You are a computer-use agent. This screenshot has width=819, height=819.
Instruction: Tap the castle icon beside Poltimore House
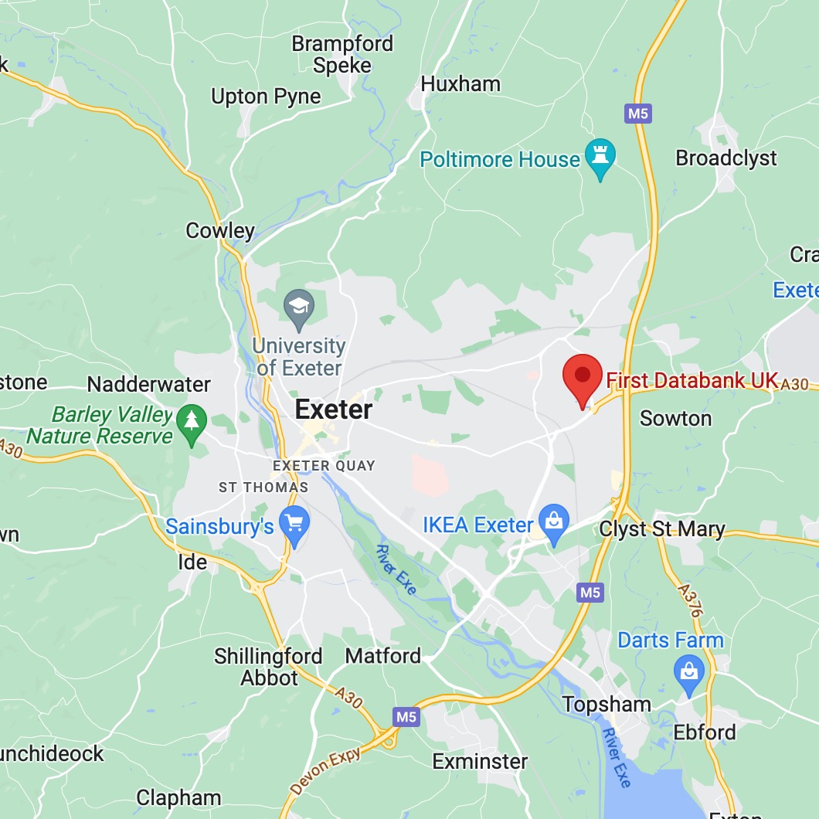coord(600,157)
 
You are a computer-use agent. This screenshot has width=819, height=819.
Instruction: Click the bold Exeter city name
coord(334,409)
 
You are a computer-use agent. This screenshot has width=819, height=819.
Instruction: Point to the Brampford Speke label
coord(342,54)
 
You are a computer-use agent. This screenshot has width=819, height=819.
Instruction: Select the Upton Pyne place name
coord(266,97)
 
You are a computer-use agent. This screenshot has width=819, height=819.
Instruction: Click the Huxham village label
coord(460,83)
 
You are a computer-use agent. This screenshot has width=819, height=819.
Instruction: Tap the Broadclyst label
coord(726,158)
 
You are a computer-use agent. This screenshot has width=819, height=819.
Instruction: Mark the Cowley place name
coord(220,230)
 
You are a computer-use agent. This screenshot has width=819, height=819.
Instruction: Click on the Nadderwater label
coord(149,384)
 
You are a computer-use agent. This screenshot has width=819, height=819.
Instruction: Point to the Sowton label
coord(676,419)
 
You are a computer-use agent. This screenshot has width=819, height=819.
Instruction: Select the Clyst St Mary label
coord(662,529)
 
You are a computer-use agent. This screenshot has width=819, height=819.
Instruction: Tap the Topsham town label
coord(607,705)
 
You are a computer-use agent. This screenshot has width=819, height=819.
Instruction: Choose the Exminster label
coord(480,761)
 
